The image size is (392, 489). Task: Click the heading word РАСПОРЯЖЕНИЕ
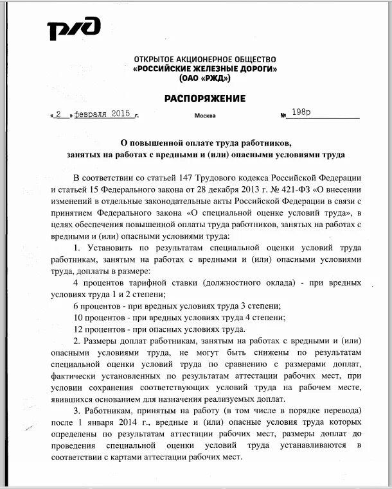click(205, 98)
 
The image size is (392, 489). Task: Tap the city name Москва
click(205, 116)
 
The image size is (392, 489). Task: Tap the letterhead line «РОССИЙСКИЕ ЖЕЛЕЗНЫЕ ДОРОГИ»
click(205, 68)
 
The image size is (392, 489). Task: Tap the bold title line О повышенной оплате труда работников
click(205, 142)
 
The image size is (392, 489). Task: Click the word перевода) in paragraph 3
click(341, 410)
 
